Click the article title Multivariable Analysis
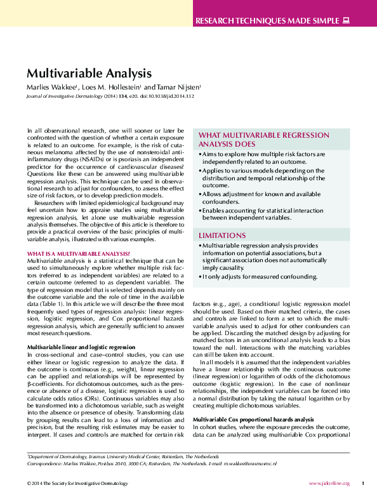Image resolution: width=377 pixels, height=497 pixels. tap(89, 73)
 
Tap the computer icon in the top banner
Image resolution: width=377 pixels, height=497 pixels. tap(346, 21)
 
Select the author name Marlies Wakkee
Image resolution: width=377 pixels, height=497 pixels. tap(50, 86)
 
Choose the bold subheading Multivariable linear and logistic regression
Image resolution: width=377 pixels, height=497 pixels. tap(81, 347)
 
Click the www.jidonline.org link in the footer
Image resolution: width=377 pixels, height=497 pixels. tap(327, 483)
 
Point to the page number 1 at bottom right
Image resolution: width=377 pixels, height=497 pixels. tap(362, 483)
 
